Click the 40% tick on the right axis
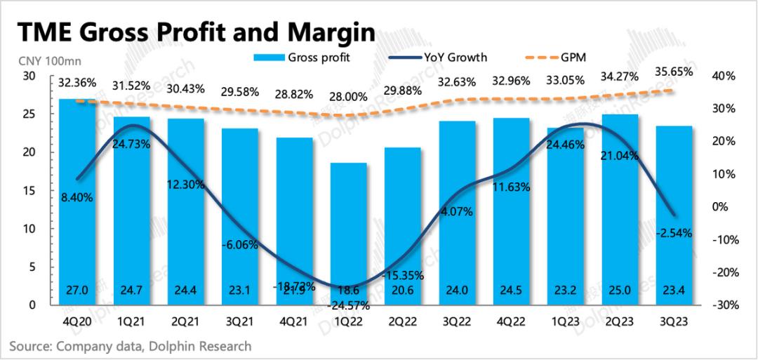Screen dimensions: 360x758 pos(726,76)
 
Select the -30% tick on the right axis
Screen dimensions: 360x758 pos(725,305)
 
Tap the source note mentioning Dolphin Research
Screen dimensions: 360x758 pos(130,346)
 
